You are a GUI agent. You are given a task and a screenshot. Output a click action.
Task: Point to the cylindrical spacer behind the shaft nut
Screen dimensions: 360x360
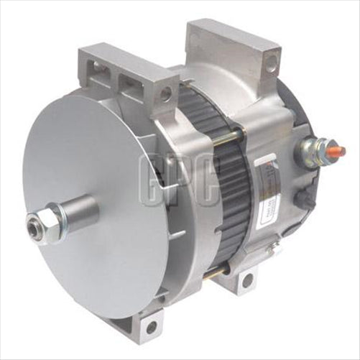(75, 213)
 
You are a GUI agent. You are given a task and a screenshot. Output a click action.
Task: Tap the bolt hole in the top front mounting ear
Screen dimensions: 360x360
(166, 93)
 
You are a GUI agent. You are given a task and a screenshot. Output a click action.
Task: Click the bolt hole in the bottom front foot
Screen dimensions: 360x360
(151, 327)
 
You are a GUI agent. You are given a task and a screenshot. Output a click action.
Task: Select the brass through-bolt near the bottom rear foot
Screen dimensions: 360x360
(227, 270)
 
